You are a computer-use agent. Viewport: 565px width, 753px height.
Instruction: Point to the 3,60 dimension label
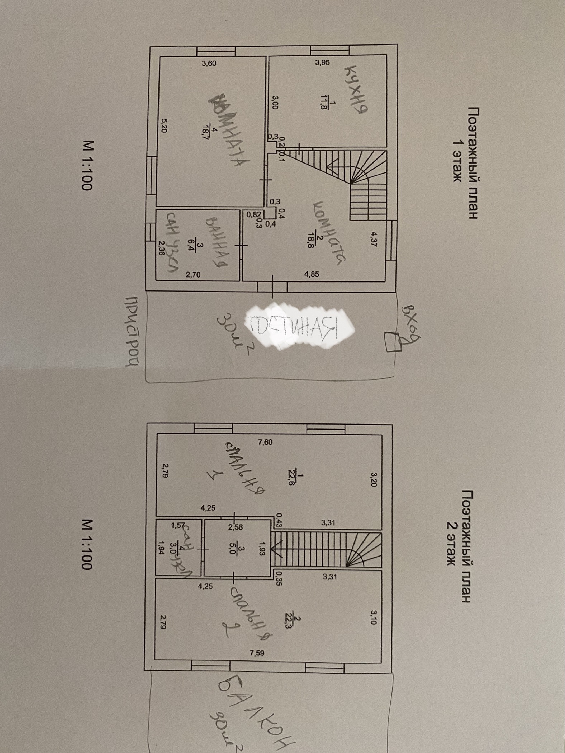(209, 63)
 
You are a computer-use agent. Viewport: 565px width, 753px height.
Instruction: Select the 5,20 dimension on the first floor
(164, 126)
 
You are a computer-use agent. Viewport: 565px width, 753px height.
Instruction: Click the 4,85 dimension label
(311, 275)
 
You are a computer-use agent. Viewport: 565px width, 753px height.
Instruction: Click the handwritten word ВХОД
(409, 321)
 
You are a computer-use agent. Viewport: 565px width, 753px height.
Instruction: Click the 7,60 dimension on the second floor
(265, 442)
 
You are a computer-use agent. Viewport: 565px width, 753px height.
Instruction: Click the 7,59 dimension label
(257, 653)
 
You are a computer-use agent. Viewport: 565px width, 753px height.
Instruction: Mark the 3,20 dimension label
(373, 479)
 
